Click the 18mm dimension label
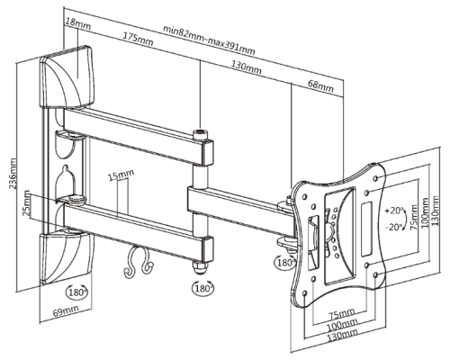[x=78, y=23]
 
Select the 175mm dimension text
[x=138, y=39]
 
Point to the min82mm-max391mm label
[x=209, y=40]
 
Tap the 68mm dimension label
[x=320, y=85]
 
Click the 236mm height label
[x=13, y=174]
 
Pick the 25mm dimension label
[x=27, y=202]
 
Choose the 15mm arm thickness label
[x=121, y=175]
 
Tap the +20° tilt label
[x=394, y=211]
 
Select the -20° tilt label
[x=394, y=227]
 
